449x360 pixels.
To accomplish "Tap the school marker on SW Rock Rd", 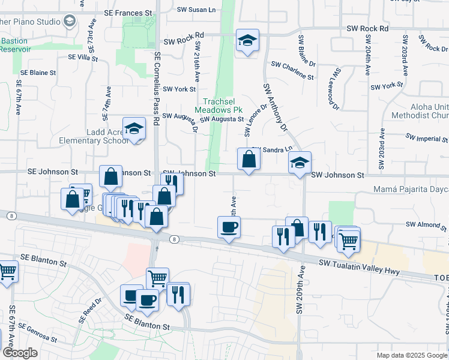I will tap(247, 41).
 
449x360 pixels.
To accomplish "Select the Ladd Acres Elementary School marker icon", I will tap(134, 129).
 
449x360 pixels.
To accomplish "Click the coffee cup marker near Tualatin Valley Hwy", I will tap(229, 227).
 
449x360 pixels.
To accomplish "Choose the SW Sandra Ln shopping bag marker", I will tap(249, 160).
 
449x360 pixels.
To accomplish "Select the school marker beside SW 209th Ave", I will tap(300, 163).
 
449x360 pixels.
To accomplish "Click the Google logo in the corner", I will tap(20, 353).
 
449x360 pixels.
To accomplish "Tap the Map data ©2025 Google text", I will tap(411, 355).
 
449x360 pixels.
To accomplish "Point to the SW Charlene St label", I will tap(292, 70).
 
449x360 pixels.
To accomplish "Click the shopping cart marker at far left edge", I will tap(6, 271).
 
